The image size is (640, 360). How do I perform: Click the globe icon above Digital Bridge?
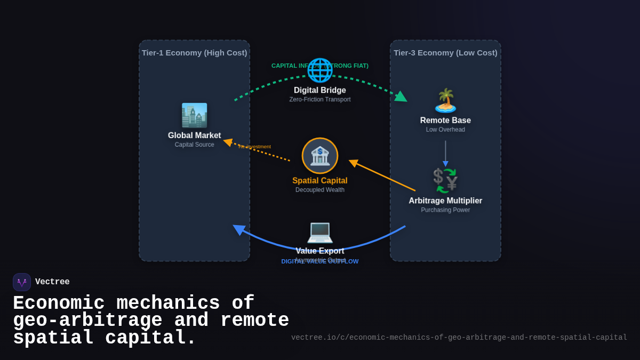pyautogui.click(x=319, y=70)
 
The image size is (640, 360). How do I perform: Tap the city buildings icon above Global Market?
pyautogui.click(x=194, y=115)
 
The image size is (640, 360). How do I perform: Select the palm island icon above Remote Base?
pyautogui.click(x=445, y=100)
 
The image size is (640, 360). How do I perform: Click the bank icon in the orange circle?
pyautogui.click(x=320, y=156)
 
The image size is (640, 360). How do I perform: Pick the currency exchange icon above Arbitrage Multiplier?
pyautogui.click(x=445, y=181)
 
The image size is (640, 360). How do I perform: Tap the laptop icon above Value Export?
pyautogui.click(x=320, y=231)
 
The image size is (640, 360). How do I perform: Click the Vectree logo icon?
pyautogui.click(x=22, y=282)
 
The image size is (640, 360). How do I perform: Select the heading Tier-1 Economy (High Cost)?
pyautogui.click(x=194, y=53)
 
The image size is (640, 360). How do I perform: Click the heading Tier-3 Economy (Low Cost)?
pyautogui.click(x=445, y=53)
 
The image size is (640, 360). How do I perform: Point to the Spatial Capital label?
pyautogui.click(x=320, y=181)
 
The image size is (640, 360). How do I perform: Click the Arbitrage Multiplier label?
pyautogui.click(x=445, y=201)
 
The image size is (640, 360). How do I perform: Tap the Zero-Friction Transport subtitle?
pyautogui.click(x=320, y=100)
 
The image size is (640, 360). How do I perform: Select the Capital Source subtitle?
pyautogui.click(x=194, y=145)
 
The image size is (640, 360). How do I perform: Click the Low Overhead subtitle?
pyautogui.click(x=445, y=130)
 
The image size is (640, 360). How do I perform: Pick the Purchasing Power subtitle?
pyautogui.click(x=445, y=210)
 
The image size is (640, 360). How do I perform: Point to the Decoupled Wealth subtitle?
pyautogui.click(x=320, y=190)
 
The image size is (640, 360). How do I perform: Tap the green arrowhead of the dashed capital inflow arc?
pyautogui.click(x=402, y=97)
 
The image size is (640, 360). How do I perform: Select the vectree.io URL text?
pyautogui.click(x=459, y=338)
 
